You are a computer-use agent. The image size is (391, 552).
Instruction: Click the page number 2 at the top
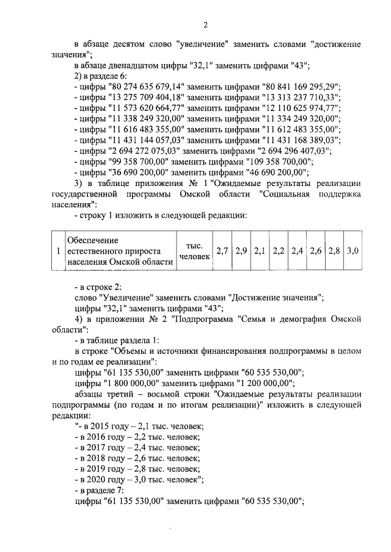point(205,24)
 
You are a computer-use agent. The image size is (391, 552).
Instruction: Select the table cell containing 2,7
point(223,251)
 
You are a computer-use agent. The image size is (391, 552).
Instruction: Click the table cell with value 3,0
point(353,251)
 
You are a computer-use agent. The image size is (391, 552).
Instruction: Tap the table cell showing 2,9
point(241,251)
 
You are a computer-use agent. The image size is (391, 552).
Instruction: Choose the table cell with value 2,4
point(297,251)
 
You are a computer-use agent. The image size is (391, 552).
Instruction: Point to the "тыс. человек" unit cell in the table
point(194,251)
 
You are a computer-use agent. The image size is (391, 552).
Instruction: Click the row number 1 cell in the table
point(57,251)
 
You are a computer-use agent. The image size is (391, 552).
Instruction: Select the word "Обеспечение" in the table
point(92,240)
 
